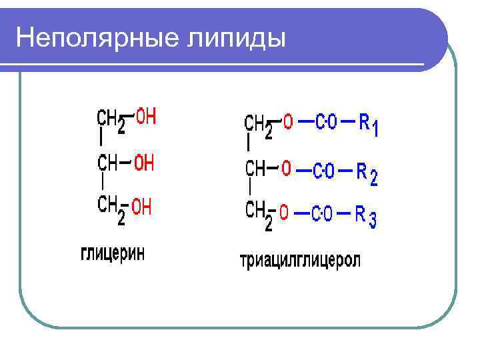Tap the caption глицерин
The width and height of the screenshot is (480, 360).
point(113,254)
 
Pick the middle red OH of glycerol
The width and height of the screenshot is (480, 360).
point(144,163)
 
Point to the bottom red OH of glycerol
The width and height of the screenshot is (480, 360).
point(142,207)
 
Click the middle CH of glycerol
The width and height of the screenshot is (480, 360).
point(109,163)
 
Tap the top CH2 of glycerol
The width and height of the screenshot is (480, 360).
point(111,121)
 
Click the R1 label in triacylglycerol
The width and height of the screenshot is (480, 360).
point(369,125)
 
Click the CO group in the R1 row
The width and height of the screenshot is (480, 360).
point(326,123)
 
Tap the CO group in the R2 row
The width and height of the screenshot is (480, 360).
point(323,170)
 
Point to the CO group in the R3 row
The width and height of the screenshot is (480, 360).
point(323,214)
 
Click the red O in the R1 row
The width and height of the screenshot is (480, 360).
point(288,123)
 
